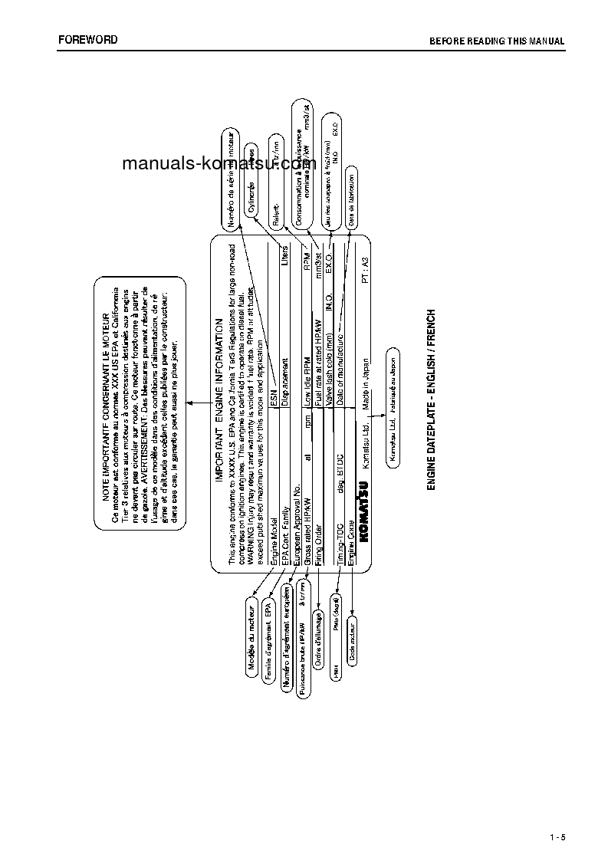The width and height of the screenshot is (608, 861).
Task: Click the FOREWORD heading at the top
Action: coord(88,39)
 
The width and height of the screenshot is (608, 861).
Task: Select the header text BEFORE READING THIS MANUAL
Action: coord(497,41)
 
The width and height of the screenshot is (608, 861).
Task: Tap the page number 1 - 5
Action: coord(557,836)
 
